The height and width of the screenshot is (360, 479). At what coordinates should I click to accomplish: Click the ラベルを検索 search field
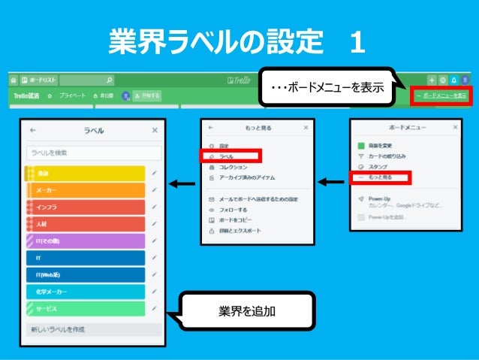[94, 153]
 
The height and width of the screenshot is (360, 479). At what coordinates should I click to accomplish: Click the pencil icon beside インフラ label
[153, 207]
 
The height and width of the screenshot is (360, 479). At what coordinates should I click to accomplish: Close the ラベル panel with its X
[155, 130]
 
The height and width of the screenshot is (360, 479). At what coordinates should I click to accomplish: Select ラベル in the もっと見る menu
[229, 156]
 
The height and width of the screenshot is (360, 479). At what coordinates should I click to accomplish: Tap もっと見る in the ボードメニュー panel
[381, 178]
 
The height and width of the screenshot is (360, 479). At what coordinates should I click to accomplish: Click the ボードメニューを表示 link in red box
[441, 95]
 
